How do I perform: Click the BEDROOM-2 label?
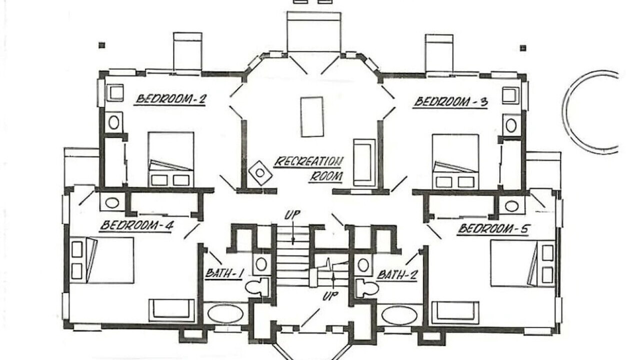point(170,99)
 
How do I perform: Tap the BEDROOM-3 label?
point(451,102)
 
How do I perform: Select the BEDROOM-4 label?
point(137,225)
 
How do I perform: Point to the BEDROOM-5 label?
point(494,229)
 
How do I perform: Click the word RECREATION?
point(308,161)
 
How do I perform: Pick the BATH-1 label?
point(224,273)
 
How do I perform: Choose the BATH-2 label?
point(397,275)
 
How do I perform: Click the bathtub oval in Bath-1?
point(225,313)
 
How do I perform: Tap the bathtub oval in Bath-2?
point(399,315)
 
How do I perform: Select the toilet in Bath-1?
point(257,287)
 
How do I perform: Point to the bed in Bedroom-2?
point(171,159)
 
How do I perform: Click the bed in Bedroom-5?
point(522,263)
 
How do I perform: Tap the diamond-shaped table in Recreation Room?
point(260,173)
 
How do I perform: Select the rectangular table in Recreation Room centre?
point(312,117)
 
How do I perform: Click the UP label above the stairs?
point(292,215)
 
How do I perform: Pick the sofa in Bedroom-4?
point(171,310)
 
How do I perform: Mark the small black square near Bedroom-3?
point(523,48)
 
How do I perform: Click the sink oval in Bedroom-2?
point(113,122)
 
